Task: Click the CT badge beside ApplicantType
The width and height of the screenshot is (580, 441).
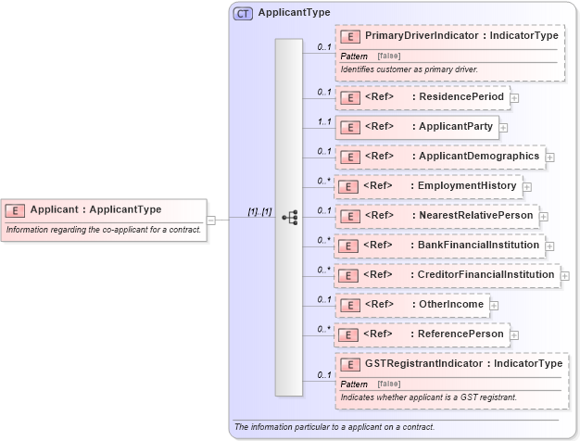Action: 244,13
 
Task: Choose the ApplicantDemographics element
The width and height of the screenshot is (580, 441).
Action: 440,157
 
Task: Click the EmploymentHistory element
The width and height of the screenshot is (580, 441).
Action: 427,186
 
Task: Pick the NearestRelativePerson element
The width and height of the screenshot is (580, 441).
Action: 436,216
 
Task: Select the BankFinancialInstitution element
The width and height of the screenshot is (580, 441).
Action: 439,246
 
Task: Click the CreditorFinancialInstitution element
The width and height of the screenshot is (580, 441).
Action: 447,275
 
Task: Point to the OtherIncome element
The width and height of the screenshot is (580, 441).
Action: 410,305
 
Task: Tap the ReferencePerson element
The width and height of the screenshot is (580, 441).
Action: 421,334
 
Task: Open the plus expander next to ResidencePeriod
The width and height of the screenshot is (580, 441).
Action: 514,97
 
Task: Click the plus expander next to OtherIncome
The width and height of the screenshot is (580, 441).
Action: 494,305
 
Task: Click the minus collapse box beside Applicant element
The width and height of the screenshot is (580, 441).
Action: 211,220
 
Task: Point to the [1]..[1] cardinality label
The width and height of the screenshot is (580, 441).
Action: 259,212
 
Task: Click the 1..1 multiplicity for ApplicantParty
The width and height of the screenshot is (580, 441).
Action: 323,120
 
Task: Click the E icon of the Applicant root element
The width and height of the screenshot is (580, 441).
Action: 18,210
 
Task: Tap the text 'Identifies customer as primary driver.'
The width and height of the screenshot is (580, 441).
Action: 421,69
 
